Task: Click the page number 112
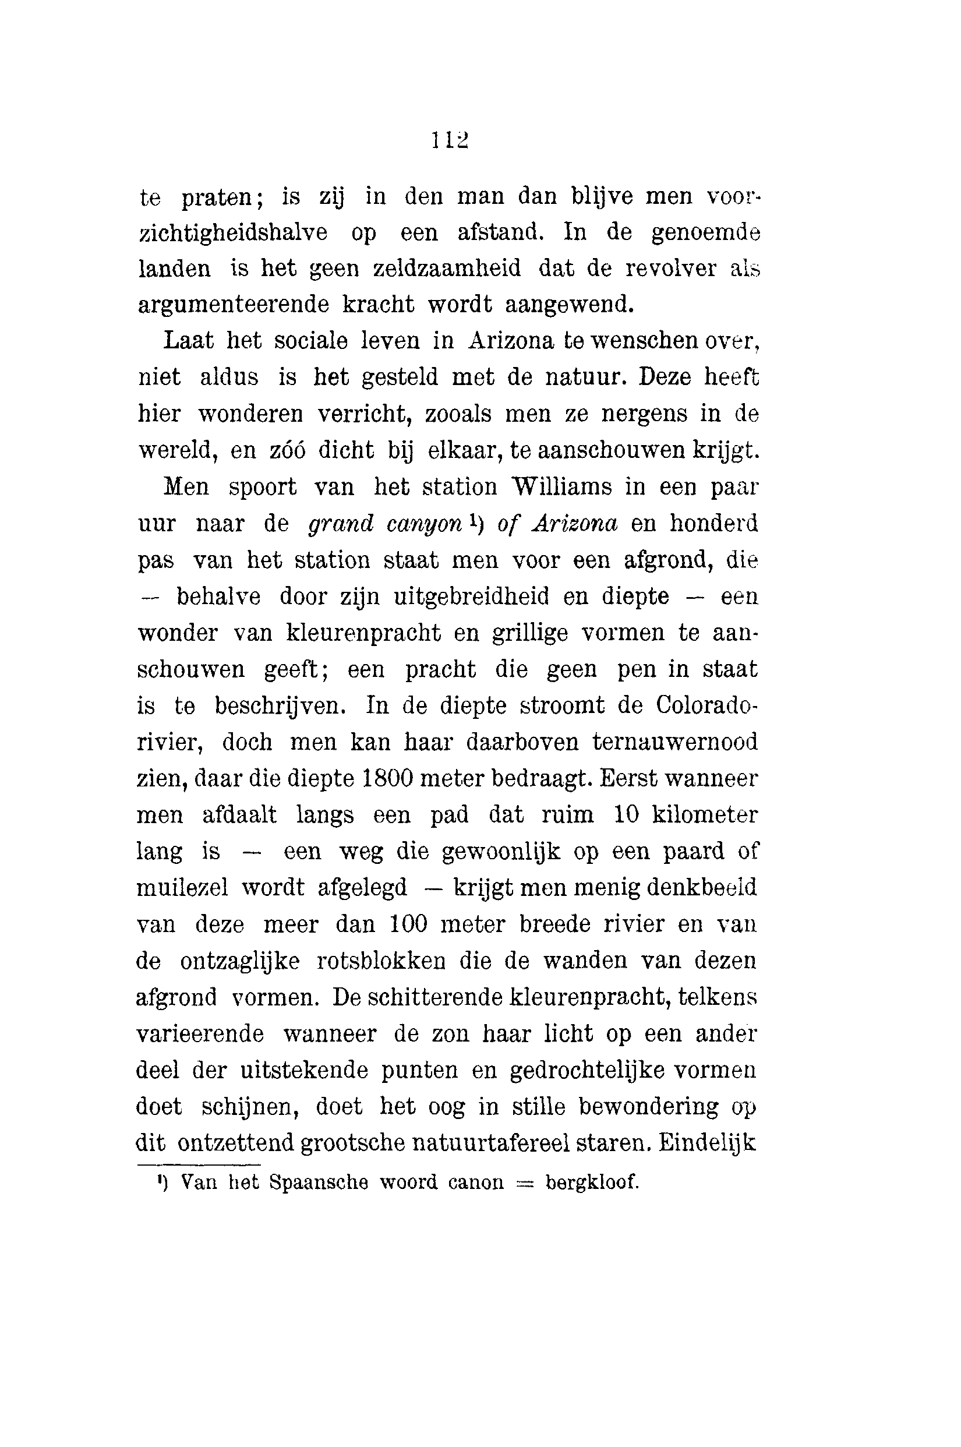tap(450, 140)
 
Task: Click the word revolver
tap(670, 269)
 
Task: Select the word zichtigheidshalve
tap(234, 234)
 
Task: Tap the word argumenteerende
tap(234, 305)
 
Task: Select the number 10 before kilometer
tap(626, 814)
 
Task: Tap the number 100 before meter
tap(408, 924)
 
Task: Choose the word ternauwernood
tap(675, 742)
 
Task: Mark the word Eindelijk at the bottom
tap(707, 1142)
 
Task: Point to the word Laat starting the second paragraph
tap(188, 341)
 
